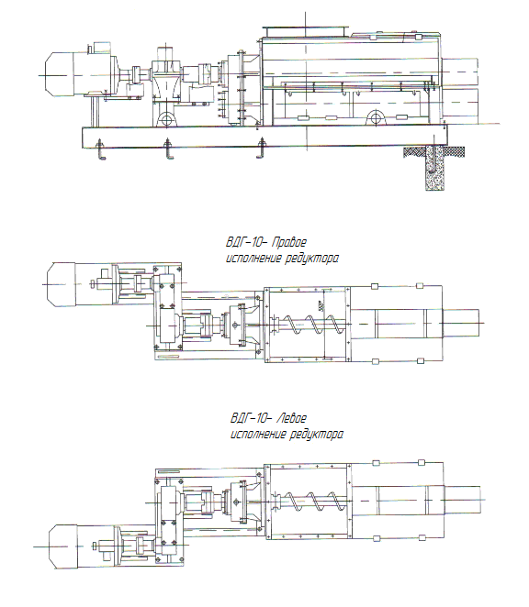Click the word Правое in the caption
(x=289, y=243)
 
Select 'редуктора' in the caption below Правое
(x=312, y=259)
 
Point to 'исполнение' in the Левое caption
(x=257, y=434)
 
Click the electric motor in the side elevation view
(x=80, y=74)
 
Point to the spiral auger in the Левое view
(x=310, y=501)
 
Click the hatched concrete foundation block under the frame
(x=434, y=167)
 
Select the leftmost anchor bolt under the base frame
(x=101, y=149)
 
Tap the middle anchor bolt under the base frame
(x=169, y=149)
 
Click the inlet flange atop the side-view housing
(x=306, y=31)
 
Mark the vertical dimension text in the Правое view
(x=321, y=306)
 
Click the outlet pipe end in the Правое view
(x=461, y=323)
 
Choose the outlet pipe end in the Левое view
(x=463, y=500)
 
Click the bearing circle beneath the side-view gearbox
(x=167, y=118)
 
